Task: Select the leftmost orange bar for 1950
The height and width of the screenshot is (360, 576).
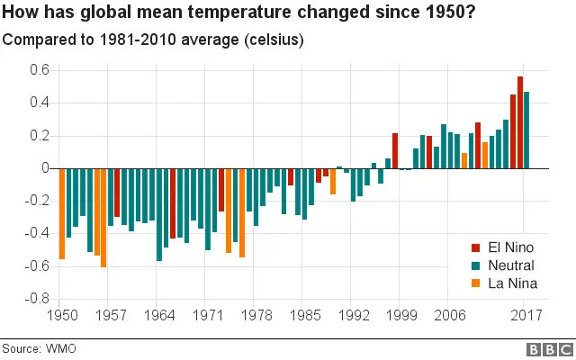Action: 62,213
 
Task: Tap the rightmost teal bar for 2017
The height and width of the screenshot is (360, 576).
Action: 527,130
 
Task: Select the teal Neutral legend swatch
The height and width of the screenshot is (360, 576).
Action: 475,265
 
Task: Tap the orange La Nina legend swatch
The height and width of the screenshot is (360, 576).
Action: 475,283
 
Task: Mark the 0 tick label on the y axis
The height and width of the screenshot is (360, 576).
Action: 42,168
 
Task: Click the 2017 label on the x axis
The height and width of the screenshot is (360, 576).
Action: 526,317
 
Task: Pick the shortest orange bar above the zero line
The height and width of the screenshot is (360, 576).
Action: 464,160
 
